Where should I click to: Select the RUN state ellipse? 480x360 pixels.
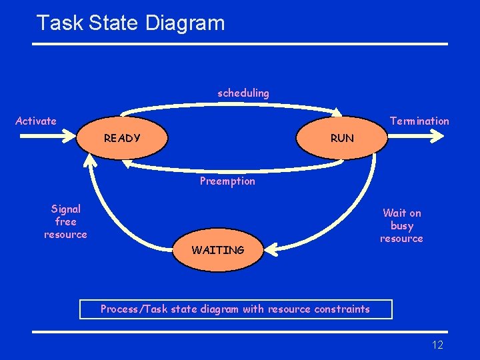342,139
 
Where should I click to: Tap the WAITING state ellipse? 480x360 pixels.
218,250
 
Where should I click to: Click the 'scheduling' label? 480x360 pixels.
243,93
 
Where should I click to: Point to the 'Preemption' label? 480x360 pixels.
227,181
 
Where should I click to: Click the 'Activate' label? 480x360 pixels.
36,121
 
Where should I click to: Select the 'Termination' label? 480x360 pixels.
419,121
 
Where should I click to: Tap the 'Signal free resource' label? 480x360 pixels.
65,222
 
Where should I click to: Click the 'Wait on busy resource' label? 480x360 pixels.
401,225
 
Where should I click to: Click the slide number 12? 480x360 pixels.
437,345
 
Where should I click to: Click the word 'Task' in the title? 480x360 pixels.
60,23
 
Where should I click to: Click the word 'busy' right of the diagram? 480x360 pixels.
402,225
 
